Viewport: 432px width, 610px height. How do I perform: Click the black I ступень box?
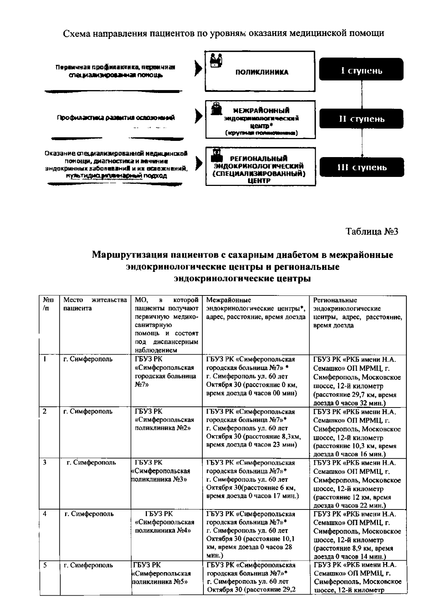point(361,70)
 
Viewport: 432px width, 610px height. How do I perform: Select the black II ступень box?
point(361,119)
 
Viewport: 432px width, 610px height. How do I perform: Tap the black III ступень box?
point(361,167)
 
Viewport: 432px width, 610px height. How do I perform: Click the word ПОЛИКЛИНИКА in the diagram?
point(262,72)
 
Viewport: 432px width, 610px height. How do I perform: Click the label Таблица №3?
point(372,231)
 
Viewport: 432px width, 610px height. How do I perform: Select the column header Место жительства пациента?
point(95,304)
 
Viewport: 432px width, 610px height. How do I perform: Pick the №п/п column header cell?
point(49,304)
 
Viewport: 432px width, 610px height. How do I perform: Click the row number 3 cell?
point(44,463)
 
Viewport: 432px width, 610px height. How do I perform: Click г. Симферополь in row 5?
point(88,565)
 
